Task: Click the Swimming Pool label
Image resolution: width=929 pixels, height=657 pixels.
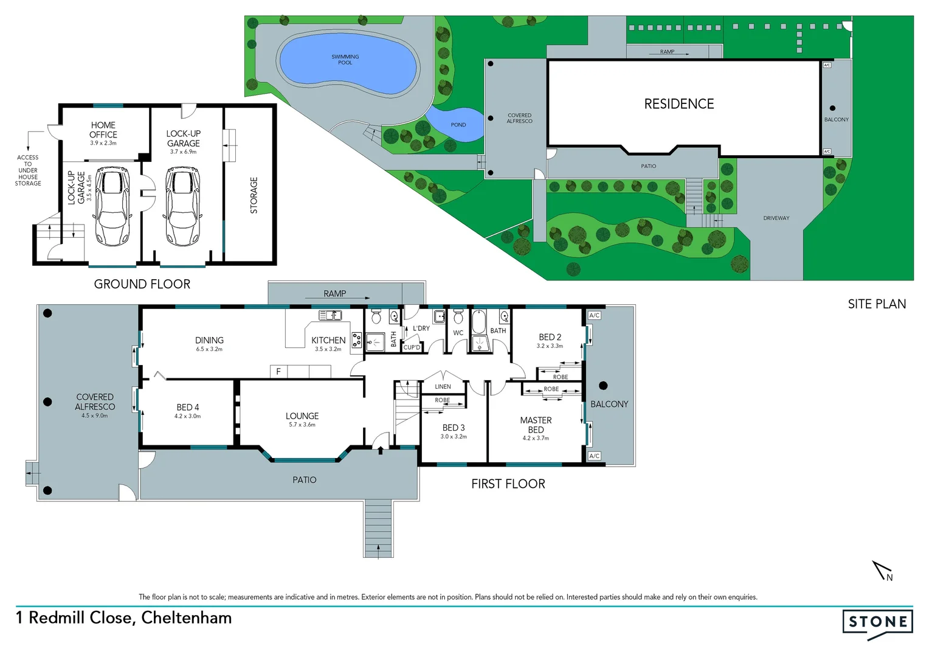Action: (x=345, y=60)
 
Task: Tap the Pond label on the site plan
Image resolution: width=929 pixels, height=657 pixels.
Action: (x=458, y=125)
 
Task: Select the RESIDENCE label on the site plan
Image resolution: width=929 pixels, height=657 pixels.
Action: (x=679, y=104)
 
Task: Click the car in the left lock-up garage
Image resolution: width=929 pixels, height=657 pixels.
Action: (x=112, y=207)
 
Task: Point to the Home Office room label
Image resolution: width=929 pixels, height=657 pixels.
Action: (x=103, y=130)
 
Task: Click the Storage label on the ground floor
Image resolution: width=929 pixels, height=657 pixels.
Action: (x=254, y=195)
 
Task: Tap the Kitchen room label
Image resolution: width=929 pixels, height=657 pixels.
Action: (x=328, y=341)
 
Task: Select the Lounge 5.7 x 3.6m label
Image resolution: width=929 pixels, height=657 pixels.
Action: (x=302, y=419)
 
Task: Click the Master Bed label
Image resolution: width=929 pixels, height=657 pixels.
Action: (x=536, y=425)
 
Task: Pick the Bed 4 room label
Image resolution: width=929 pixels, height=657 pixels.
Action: (x=187, y=408)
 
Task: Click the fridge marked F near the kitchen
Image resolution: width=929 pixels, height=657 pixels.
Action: (x=278, y=371)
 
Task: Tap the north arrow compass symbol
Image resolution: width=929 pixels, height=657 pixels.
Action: (x=882, y=571)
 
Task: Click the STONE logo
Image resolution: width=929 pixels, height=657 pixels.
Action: (x=877, y=622)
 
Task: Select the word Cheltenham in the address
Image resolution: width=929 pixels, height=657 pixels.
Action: (x=187, y=617)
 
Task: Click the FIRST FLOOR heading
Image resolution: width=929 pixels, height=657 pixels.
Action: (x=508, y=484)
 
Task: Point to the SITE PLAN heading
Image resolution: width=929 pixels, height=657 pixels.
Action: (x=876, y=304)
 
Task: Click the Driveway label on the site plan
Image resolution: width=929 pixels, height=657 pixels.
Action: (x=776, y=218)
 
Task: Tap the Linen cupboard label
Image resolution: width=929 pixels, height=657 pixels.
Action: (x=443, y=387)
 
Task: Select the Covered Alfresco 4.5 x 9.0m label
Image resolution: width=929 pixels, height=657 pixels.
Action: (x=95, y=405)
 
